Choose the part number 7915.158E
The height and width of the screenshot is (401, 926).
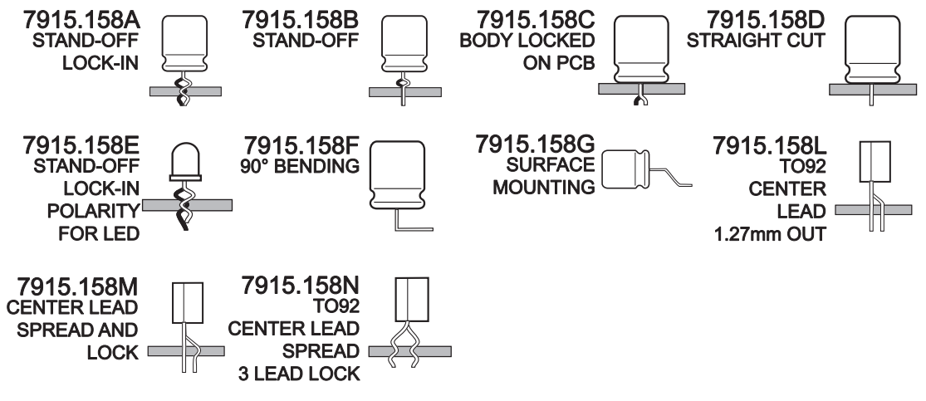tap(71, 149)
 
